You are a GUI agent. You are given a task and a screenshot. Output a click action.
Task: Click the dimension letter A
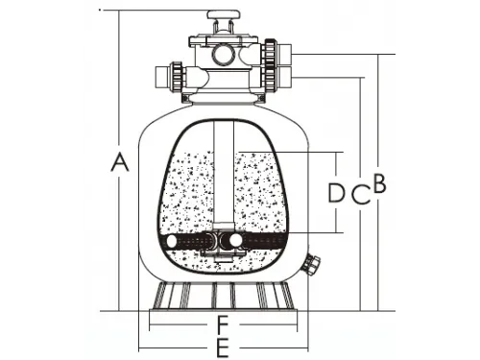[x=119, y=162]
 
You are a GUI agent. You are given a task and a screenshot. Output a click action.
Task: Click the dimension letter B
[x=379, y=183]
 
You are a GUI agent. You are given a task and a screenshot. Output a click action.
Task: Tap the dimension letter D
[x=336, y=193]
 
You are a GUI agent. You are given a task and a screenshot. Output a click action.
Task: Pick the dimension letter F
[x=222, y=323]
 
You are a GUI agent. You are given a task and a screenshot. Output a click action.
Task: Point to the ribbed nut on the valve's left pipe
[x=176, y=74]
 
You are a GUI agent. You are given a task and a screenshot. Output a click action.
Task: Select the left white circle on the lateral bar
[x=174, y=242]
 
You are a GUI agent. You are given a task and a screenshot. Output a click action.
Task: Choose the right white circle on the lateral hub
[x=234, y=241]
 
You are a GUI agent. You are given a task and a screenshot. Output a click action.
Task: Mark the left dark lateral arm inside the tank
[x=196, y=241]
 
